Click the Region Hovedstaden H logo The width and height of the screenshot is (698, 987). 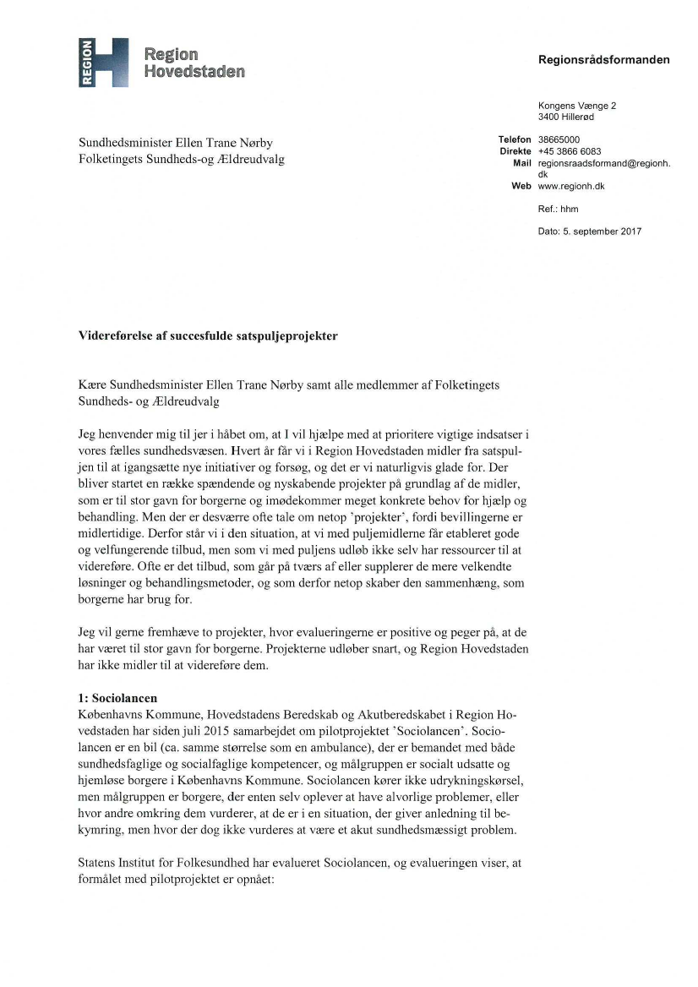[x=102, y=62]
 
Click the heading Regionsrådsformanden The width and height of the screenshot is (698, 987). [x=603, y=60]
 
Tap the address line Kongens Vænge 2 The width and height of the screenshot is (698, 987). [x=577, y=106]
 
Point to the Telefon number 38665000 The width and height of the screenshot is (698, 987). [x=559, y=139]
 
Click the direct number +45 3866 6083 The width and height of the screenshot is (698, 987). [x=570, y=150]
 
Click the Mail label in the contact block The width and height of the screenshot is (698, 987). [x=521, y=162]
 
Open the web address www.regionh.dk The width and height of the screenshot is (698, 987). [x=571, y=185]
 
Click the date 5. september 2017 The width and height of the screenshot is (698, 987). [x=603, y=232]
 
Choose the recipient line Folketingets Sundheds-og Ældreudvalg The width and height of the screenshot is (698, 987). [x=181, y=159]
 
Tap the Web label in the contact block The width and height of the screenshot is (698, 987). [x=521, y=185]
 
